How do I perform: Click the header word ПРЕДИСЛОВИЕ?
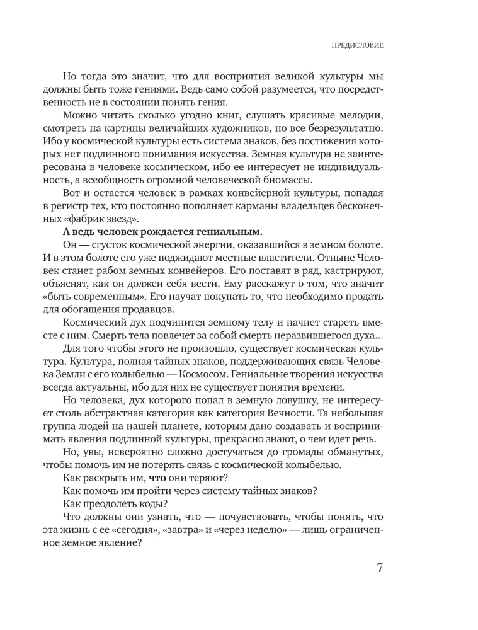pos(358,46)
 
